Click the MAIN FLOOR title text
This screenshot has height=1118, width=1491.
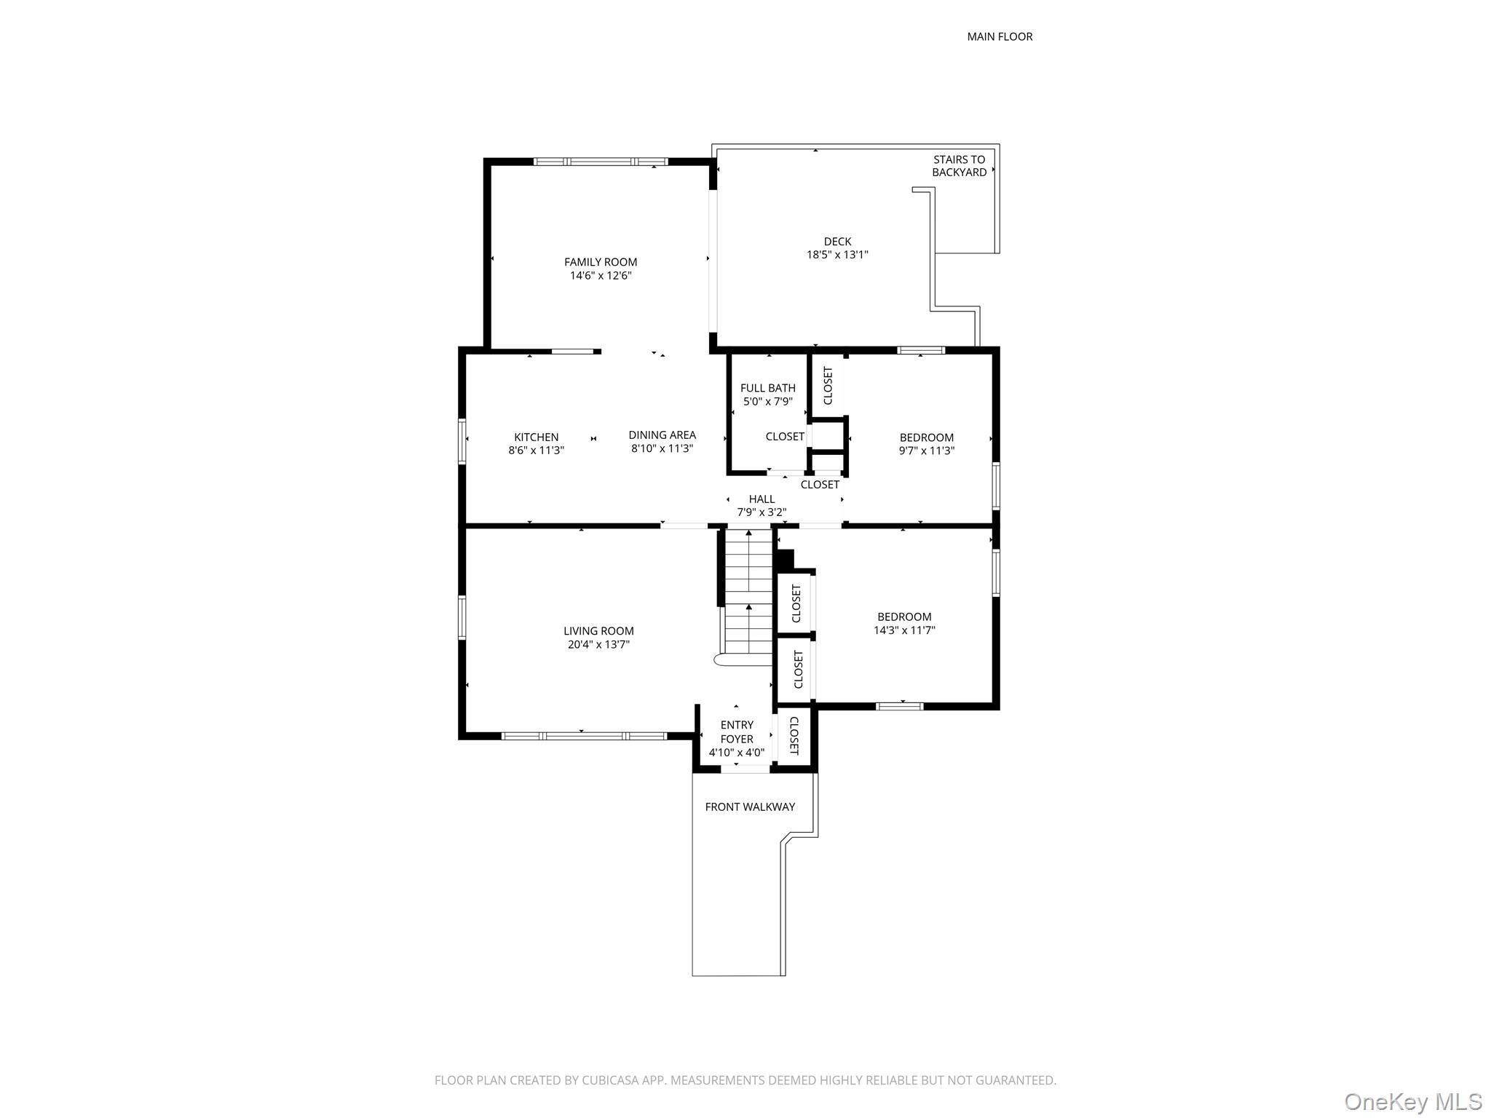[999, 36]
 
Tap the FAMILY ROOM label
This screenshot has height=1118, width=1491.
[600, 262]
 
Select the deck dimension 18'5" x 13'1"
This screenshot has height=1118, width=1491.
[837, 255]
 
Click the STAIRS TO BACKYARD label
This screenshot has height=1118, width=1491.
[959, 166]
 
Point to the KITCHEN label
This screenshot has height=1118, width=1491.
[536, 437]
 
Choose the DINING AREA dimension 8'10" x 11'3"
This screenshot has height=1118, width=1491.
[661, 448]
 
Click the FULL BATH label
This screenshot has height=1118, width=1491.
[767, 388]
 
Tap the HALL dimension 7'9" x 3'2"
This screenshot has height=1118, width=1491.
[761, 512]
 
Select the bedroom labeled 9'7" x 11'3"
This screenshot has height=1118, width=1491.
[926, 443]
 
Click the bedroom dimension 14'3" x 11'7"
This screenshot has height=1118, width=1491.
[903, 630]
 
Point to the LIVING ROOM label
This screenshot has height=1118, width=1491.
[598, 631]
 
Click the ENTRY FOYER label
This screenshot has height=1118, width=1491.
[736, 732]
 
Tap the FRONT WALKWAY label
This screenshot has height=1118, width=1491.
[749, 806]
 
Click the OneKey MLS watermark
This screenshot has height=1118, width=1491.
[1412, 1101]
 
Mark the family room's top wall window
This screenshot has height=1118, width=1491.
[600, 162]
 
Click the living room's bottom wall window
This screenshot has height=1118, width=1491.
[583, 736]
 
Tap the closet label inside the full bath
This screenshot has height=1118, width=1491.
[784, 436]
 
